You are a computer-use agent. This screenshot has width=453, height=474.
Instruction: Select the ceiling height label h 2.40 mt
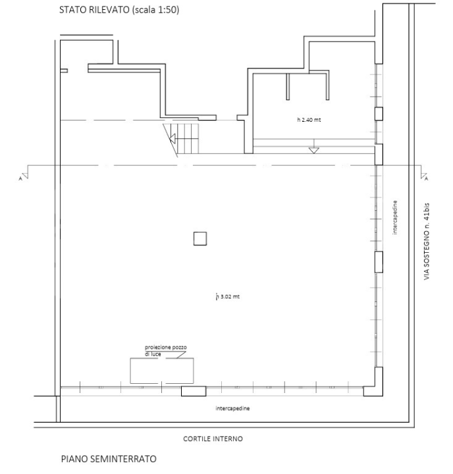309,120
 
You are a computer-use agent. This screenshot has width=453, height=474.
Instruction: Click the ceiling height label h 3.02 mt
228,297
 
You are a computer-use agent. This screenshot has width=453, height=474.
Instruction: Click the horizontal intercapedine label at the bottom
232,408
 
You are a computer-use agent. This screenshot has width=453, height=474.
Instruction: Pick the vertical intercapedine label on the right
395,221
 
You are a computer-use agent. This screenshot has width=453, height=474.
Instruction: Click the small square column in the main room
200,238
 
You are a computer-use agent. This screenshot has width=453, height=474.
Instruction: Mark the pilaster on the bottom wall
194,391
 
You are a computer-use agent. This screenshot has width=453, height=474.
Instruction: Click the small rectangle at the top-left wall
64,70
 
